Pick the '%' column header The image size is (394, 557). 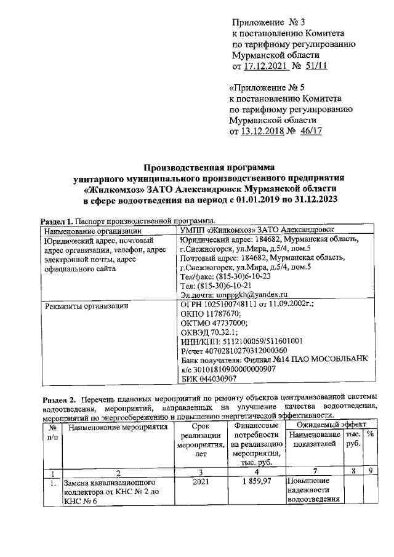coord(371,434)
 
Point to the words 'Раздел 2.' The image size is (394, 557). coord(58,391)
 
